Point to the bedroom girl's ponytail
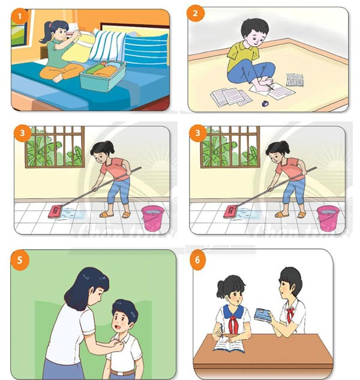(x=43, y=34)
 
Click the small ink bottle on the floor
(x=265, y=106)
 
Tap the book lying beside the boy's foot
(x=294, y=79)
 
